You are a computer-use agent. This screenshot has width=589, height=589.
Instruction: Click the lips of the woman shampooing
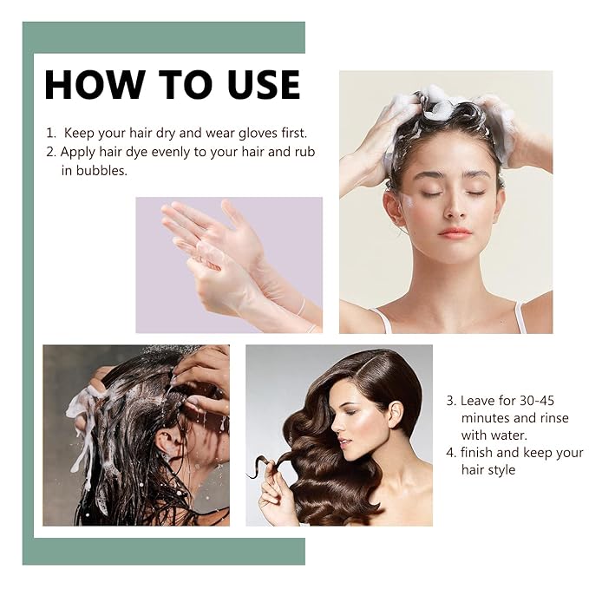point(455,232)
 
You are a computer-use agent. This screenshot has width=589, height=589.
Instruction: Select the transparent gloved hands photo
point(228,265)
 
